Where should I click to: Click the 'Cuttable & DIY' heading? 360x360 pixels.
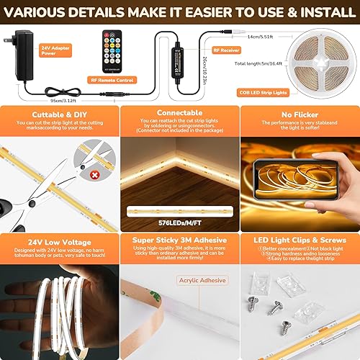[x=60, y=114]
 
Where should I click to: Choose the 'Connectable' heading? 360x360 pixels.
[x=179, y=114]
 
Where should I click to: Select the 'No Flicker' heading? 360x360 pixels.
[x=299, y=114]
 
